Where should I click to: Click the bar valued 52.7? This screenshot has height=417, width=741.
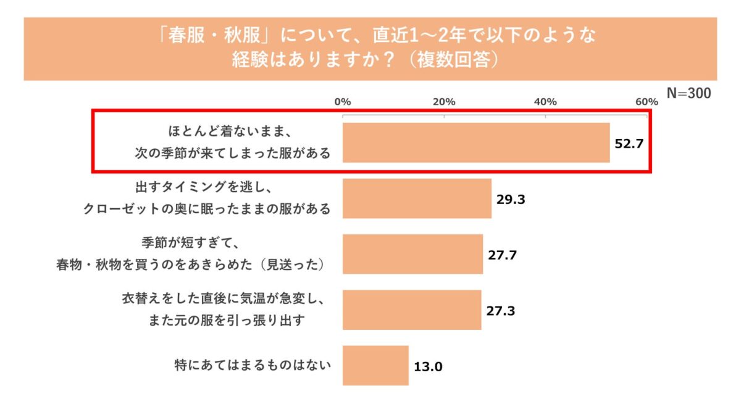[476, 143]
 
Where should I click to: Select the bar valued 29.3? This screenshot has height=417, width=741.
[417, 198]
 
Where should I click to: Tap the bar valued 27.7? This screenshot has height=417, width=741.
[412, 254]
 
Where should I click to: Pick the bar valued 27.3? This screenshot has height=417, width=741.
[412, 310]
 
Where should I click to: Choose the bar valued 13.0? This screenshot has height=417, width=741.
[375, 365]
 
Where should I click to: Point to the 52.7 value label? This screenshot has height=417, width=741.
[629, 143]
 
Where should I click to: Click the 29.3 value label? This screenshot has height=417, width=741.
[511, 199]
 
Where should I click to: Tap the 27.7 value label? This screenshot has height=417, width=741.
[502, 255]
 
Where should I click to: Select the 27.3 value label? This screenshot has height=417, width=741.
[500, 310]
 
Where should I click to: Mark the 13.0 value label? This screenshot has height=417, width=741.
[428, 366]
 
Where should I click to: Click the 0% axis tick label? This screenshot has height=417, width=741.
[343, 101]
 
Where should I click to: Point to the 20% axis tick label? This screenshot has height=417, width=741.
[444, 101]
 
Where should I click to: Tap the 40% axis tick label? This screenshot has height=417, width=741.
[545, 101]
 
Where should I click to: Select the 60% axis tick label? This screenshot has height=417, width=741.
[647, 101]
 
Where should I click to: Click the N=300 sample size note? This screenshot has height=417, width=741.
[689, 93]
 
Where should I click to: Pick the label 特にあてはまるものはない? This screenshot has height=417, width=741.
[253, 364]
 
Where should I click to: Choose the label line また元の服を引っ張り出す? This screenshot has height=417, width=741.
[228, 320]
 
